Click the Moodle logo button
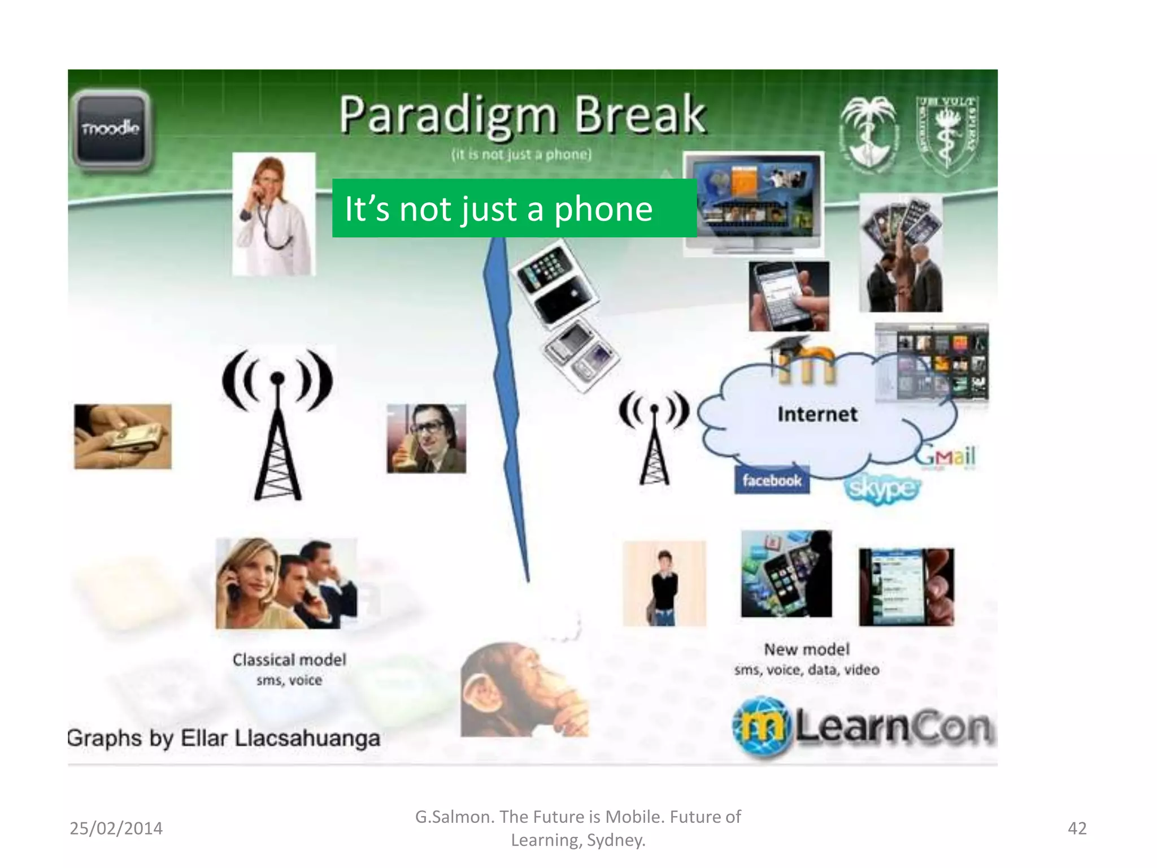tap(111, 129)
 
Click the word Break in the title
tap(640, 115)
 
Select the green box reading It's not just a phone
tap(514, 208)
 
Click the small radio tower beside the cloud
tap(654, 438)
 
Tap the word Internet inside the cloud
tap(817, 414)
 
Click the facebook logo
tap(772, 480)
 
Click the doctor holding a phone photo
tap(274, 214)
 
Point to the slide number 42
tap(1077, 828)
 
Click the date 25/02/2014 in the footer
tap(116, 828)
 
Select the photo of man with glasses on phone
tap(427, 439)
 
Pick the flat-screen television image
tap(753, 203)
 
